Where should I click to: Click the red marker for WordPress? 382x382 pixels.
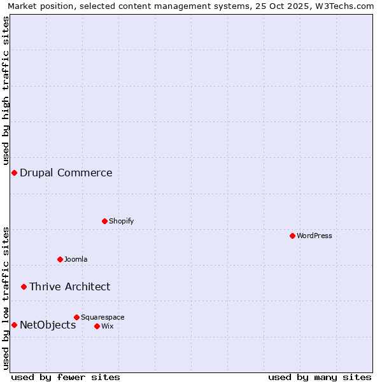[292, 236]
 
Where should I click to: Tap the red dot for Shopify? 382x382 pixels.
[104, 221]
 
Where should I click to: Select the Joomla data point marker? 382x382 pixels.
[60, 259]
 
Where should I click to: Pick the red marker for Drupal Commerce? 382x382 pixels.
[14, 173]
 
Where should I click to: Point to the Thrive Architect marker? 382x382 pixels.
[24, 286]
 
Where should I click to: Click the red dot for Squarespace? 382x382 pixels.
[76, 317]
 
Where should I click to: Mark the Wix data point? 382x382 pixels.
[97, 326]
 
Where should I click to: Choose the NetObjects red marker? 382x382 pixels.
[14, 325]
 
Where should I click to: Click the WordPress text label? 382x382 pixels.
[315, 236]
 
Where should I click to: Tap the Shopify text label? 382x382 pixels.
[122, 221]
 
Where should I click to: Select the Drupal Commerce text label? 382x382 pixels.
[66, 173]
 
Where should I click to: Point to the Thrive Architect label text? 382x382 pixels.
[70, 286]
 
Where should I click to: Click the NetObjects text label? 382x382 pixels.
[48, 325]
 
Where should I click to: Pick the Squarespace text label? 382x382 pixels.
[103, 317]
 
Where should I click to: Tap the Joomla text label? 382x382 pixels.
[76, 259]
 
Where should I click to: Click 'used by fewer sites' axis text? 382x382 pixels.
[66, 377]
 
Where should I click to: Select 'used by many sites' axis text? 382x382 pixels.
[320, 377]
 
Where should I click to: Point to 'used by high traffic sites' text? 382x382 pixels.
[6, 89]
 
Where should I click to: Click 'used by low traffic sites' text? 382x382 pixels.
[6, 298]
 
